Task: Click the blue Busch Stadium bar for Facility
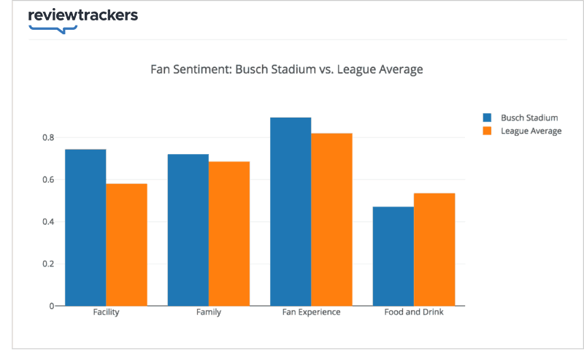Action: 85,227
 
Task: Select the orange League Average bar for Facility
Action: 126,245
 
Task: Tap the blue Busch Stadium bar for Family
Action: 188,230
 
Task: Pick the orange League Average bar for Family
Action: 228,234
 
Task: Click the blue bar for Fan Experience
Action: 291,212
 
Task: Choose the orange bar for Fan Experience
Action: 331,219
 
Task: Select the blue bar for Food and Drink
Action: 393,256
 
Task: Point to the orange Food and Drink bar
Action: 434,249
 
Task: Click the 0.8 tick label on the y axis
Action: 47,138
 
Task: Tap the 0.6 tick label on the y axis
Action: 47,180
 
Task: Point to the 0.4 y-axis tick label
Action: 47,222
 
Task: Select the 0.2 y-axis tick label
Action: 47,264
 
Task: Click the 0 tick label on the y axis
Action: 52,306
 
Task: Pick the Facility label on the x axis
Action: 107,313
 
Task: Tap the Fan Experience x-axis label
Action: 311,313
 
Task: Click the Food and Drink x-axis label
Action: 414,313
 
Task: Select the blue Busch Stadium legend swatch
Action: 486,118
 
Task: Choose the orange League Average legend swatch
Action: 486,131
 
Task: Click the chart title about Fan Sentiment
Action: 287,70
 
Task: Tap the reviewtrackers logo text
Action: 82,15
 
